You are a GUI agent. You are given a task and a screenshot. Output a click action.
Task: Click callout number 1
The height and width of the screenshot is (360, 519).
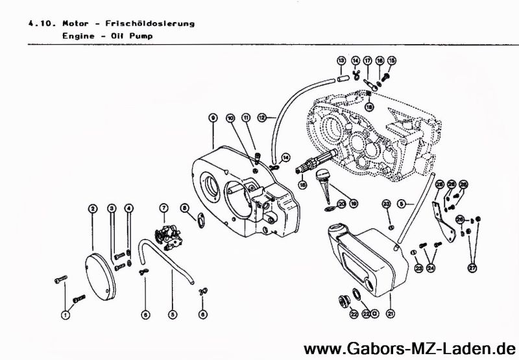(x=65, y=315)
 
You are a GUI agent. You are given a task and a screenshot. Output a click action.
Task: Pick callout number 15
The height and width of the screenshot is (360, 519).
(x=391, y=60)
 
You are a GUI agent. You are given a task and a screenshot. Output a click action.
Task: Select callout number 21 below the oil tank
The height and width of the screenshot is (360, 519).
(x=391, y=314)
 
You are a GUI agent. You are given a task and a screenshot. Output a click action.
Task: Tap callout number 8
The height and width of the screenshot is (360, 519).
(x=185, y=208)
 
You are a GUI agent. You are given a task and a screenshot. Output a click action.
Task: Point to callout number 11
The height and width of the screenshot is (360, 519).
(x=246, y=117)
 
